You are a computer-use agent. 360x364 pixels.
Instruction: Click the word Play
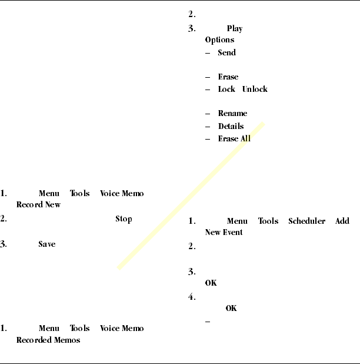(x=234, y=29)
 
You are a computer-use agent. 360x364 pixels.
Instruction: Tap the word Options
(x=219, y=40)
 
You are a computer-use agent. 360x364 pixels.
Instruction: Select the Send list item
(x=226, y=52)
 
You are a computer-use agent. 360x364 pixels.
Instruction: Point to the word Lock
(x=226, y=89)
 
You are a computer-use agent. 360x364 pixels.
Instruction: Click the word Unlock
(x=254, y=89)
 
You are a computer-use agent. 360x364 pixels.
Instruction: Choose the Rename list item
(x=232, y=113)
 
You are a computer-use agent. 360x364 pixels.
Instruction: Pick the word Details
(x=231, y=126)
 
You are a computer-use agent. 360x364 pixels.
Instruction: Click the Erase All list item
(x=234, y=138)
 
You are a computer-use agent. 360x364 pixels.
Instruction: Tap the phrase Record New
(x=38, y=205)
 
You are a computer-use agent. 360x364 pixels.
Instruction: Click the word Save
(x=46, y=244)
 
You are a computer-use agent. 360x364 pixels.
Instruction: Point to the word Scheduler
(x=306, y=221)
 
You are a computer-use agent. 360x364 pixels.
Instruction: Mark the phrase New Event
(x=224, y=232)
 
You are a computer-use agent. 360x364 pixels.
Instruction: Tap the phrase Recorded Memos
(x=48, y=340)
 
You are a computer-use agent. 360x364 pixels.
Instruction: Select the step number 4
(x=192, y=297)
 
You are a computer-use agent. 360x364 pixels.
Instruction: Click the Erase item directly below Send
(x=228, y=77)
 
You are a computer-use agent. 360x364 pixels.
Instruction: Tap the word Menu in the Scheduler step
(x=237, y=221)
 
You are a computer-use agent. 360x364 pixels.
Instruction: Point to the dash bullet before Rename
(x=208, y=113)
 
